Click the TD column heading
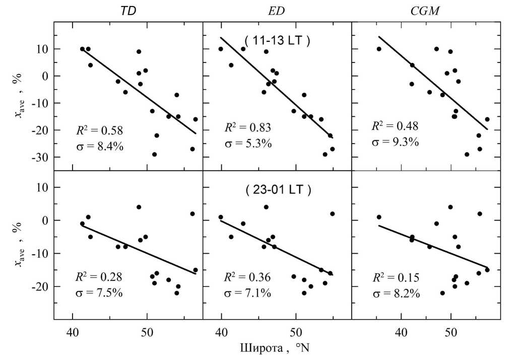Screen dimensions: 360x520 pyautogui.click(x=127, y=12)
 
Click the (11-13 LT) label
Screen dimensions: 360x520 pyautogui.click(x=277, y=41)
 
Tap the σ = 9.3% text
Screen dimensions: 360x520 pyautogui.click(x=395, y=142)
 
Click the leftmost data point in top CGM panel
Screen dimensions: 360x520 pyautogui.click(x=379, y=49)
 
